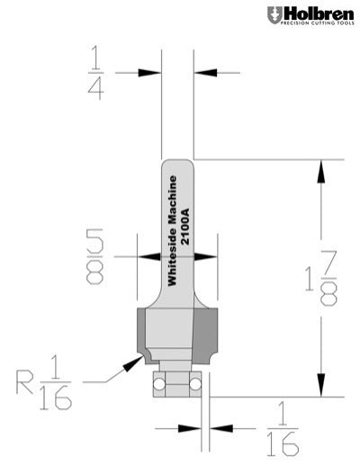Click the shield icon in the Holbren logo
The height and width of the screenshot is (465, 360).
[x=273, y=15]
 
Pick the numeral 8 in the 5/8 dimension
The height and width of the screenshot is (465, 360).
[x=94, y=273]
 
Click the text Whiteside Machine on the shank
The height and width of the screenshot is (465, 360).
[x=174, y=228]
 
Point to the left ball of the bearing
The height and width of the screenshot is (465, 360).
[x=159, y=382]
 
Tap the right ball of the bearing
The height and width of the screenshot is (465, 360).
[x=193, y=382]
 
